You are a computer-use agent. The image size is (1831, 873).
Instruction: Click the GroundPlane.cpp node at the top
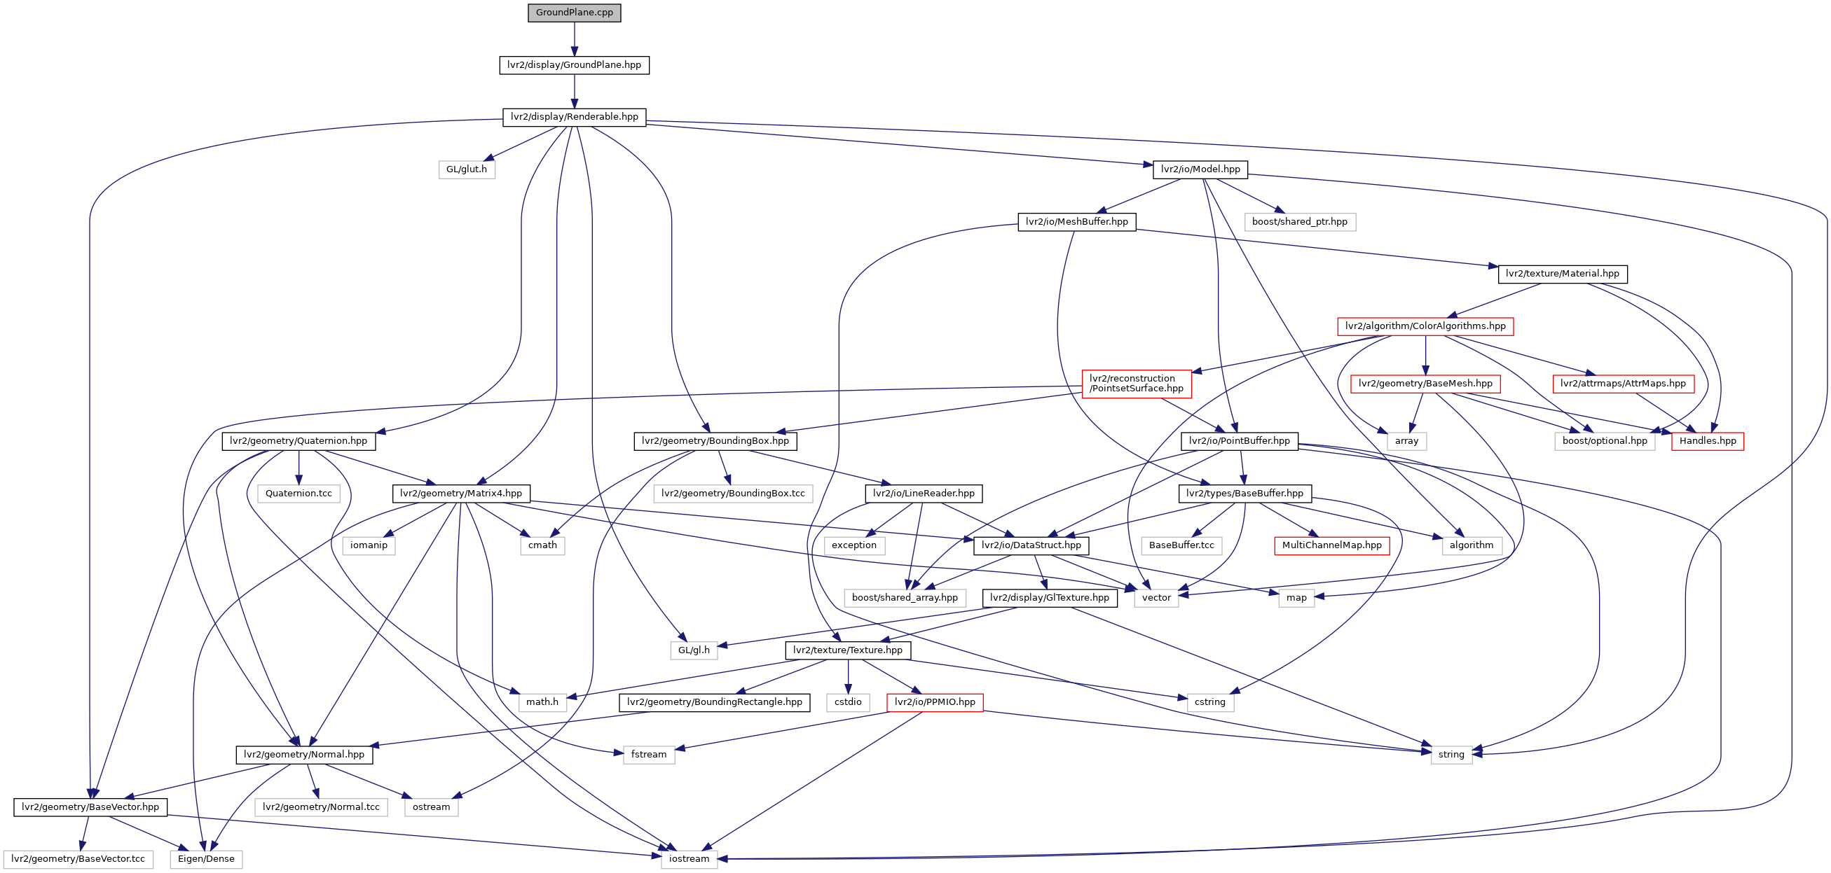(575, 13)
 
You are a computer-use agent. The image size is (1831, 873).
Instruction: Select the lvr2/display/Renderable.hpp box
(575, 117)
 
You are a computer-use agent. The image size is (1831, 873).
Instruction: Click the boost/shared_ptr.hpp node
(1299, 223)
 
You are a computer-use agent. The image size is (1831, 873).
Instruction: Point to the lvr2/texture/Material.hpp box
(1563, 274)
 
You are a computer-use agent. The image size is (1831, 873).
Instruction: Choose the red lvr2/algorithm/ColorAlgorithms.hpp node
(1425, 327)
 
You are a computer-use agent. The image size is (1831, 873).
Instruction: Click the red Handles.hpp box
(1708, 441)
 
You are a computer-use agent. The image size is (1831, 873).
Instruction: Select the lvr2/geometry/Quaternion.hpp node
(299, 441)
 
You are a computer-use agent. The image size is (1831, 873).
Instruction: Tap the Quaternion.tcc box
(299, 494)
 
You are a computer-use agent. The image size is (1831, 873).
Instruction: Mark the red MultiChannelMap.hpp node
(1332, 545)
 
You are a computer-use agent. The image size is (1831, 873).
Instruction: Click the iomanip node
(369, 545)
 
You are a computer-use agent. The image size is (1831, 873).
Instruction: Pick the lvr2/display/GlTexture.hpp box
(1049, 598)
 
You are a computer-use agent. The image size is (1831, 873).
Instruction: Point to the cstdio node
(848, 702)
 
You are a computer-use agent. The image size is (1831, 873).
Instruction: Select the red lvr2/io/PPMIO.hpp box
(935, 702)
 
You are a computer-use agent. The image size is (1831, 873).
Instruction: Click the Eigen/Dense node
(206, 860)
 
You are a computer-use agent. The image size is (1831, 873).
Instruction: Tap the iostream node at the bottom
(689, 860)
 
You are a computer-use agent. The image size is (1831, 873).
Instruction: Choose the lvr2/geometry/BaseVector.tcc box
(78, 860)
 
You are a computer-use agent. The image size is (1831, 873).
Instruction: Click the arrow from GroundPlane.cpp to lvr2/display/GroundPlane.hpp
(575, 39)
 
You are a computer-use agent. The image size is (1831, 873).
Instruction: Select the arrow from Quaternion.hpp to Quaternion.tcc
(299, 468)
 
